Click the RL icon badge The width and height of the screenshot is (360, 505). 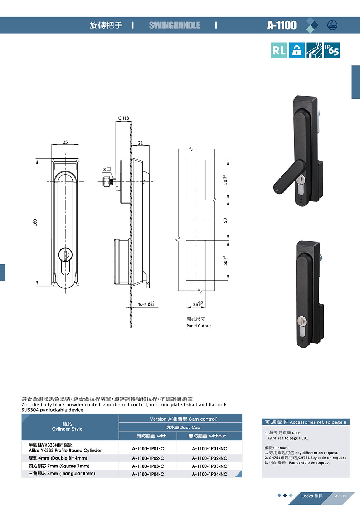click(279, 50)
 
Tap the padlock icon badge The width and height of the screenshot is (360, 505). click(296, 50)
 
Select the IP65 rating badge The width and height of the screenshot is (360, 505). click(332, 50)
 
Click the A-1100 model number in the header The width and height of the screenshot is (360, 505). click(282, 25)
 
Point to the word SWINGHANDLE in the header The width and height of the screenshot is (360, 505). click(175, 25)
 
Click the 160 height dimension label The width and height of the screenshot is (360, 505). click(35, 222)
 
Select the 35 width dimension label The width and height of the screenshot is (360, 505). click(65, 142)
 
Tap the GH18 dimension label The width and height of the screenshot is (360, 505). click(123, 118)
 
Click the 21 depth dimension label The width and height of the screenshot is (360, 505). click(140, 143)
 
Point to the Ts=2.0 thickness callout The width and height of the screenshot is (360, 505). click(146, 304)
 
